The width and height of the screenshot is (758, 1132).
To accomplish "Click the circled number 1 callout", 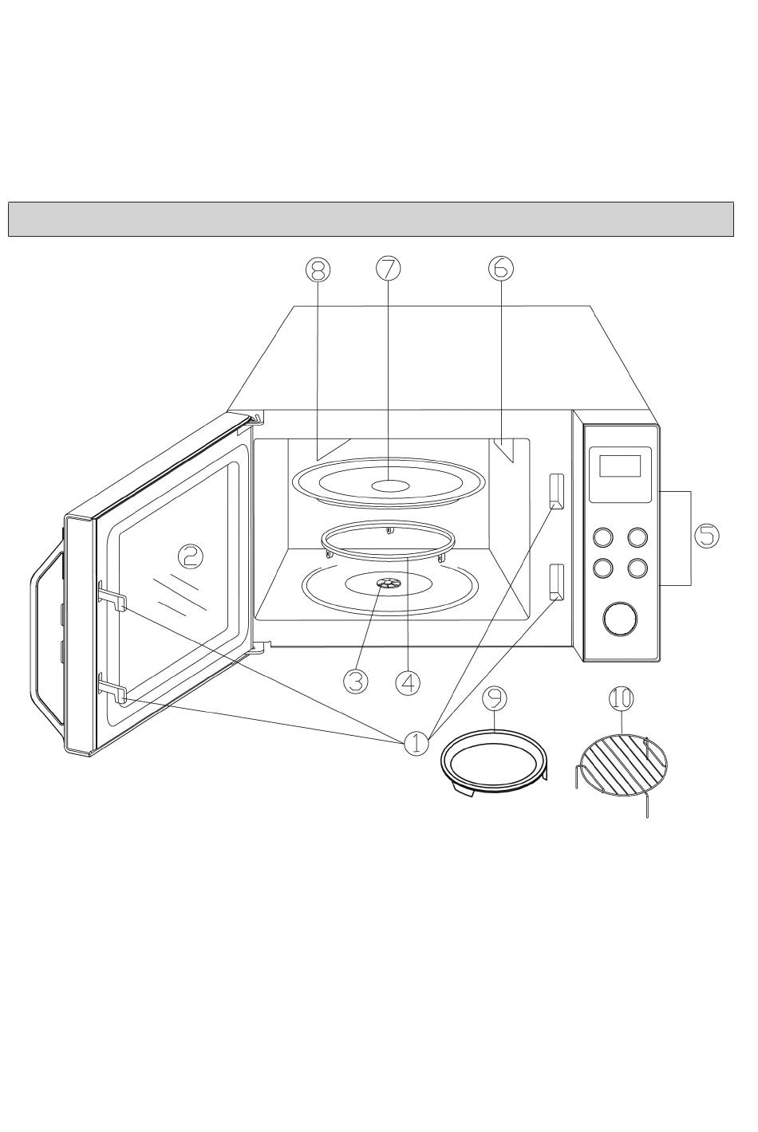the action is tap(417, 744).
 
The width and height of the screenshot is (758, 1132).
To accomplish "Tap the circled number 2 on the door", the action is tap(190, 557).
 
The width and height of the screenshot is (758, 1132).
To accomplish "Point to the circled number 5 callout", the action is tap(706, 535).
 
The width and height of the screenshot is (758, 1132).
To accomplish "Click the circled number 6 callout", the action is tap(500, 269).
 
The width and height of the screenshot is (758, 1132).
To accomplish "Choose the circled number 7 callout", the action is tap(388, 269).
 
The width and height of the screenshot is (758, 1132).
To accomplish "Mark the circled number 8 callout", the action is tap(318, 269).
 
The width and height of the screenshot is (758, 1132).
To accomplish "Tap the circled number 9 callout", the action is tap(494, 698).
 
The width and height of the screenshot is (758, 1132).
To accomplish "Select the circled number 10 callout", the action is tap(621, 699).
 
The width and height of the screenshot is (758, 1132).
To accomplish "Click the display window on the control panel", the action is tap(620, 466).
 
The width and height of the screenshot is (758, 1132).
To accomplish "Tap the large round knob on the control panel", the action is tap(620, 619).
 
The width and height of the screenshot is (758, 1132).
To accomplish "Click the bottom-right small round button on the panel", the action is tap(638, 568).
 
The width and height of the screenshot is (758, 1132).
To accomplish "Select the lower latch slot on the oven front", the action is tap(556, 582).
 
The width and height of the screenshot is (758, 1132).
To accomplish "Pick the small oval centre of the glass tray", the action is tap(390, 485).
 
